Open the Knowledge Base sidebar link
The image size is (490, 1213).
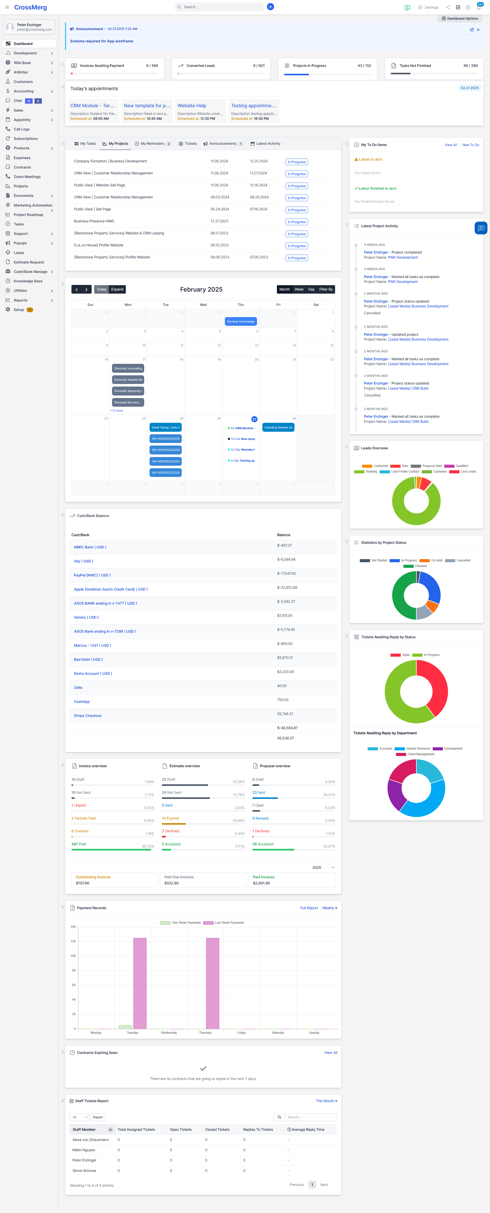(28, 281)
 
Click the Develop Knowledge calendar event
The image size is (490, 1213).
(240, 322)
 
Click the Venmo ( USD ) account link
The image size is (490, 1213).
(86, 617)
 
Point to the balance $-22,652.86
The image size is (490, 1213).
(287, 588)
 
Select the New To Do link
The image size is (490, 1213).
(470, 145)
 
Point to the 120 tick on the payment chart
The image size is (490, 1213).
(73, 941)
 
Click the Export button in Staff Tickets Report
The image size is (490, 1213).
(98, 1117)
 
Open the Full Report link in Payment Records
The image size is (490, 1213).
(309, 908)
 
